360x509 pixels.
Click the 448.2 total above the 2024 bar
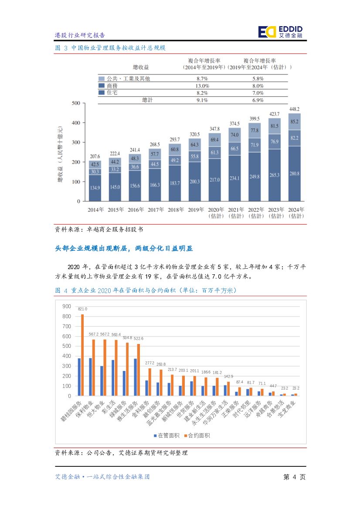pos(294,109)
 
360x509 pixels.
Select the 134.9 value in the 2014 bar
pos(95,188)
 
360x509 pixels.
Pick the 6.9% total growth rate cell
pos(258,100)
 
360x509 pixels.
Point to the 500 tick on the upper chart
pos(75,103)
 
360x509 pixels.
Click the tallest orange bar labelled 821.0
pos(82,355)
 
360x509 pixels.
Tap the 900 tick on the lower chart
pos(66,306)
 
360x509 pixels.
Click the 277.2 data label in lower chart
pos(150,363)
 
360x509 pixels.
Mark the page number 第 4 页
pos(294,477)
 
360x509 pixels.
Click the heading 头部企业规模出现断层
pos(124,248)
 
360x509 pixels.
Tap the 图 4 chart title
pos(146,290)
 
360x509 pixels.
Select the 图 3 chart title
pos(110,47)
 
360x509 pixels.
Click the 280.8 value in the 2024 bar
pos(294,173)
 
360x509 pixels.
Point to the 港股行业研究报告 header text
pos(80,35)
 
